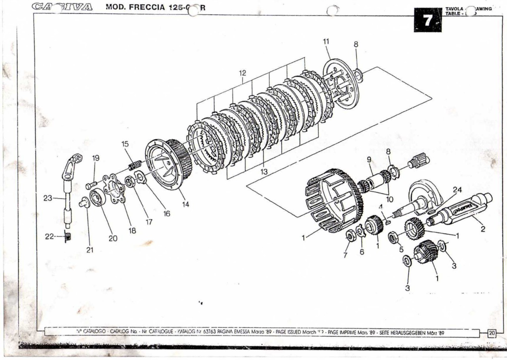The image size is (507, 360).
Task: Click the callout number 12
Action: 242,73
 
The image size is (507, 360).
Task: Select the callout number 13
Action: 264,172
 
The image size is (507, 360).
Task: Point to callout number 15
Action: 125,144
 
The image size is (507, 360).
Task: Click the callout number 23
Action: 48,198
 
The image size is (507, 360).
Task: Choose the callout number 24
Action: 457,190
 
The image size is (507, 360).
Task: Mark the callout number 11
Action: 326,41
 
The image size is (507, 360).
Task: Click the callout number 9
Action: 369,161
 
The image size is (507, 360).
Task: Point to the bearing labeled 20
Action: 97,197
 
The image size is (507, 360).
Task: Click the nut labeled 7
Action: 351,236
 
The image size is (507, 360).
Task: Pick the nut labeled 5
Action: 394,238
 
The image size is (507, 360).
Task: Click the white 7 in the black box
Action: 427,20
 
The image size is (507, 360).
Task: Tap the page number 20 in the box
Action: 492,333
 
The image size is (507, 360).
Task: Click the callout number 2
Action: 483,229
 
